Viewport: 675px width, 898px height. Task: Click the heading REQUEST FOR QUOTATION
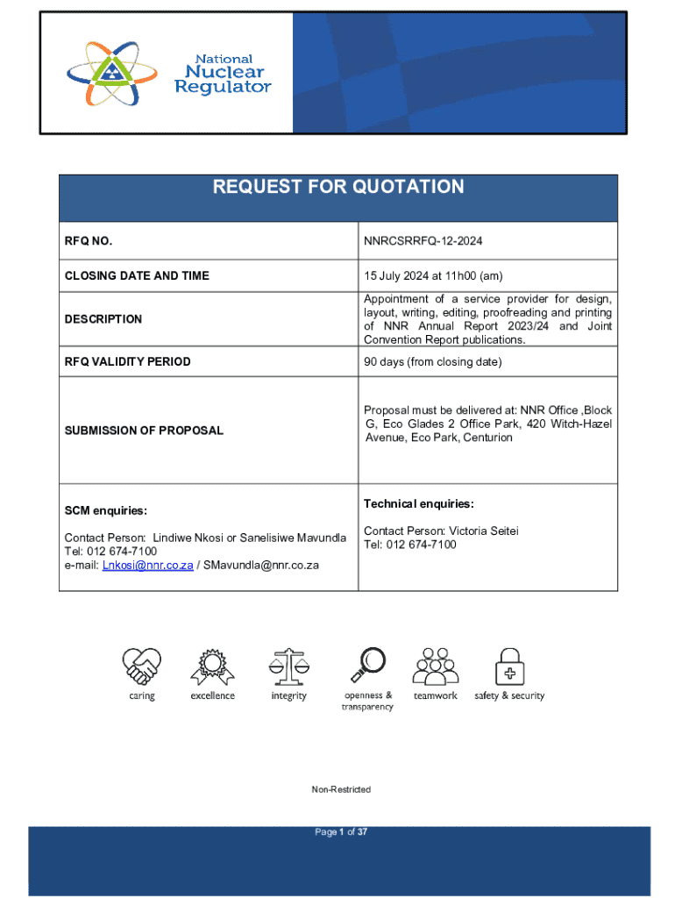tap(338, 187)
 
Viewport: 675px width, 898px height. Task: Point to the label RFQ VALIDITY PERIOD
tap(127, 362)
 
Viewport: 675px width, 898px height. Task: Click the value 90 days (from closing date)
tap(432, 362)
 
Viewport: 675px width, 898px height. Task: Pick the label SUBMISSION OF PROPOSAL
tap(144, 431)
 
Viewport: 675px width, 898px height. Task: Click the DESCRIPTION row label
tap(103, 319)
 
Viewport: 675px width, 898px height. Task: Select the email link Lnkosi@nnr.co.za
tap(147, 566)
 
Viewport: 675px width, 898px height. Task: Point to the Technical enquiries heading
tap(419, 504)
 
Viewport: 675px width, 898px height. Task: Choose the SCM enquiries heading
tap(106, 510)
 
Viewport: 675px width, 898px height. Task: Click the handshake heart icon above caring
tap(141, 666)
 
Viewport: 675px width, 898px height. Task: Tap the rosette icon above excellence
tap(212, 666)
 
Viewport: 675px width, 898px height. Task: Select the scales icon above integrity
tap(288, 666)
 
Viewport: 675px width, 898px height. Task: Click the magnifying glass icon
tap(367, 665)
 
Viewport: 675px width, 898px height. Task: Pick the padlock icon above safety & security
tap(509, 666)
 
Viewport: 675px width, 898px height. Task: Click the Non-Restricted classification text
tap(341, 790)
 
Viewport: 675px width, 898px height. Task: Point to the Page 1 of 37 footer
tap(341, 832)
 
